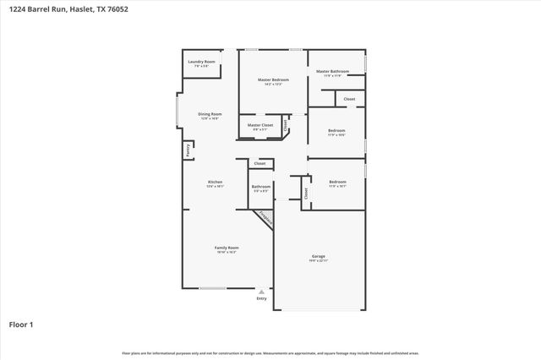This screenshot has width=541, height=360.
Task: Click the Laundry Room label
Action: click(x=201, y=62)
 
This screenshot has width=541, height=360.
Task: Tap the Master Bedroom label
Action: click(x=273, y=80)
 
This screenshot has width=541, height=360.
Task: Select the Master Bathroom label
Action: click(x=333, y=72)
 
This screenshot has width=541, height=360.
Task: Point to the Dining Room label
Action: click(x=210, y=114)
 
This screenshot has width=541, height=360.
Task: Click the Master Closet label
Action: click(x=260, y=125)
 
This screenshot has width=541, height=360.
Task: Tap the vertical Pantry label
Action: click(x=188, y=150)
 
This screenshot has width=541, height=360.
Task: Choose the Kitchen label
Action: click(x=215, y=182)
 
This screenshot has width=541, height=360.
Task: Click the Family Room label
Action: click(x=227, y=248)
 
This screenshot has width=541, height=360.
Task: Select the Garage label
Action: click(x=319, y=256)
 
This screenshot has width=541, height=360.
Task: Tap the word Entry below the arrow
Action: click(x=261, y=298)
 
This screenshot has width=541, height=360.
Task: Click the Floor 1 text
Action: click(x=21, y=324)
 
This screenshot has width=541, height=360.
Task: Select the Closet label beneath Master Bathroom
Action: click(x=349, y=99)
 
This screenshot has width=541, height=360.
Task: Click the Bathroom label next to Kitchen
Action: click(x=260, y=187)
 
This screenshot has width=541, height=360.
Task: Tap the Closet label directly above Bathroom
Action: click(x=260, y=163)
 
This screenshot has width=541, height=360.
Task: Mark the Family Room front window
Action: click(x=212, y=288)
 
